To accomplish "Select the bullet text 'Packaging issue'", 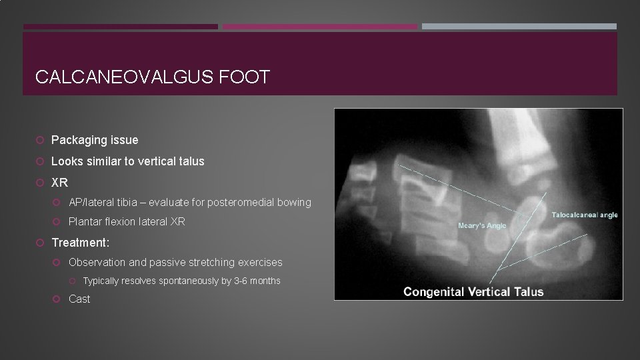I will click(x=95, y=140).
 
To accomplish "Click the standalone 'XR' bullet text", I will click(x=59, y=183).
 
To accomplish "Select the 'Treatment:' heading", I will click(x=80, y=243).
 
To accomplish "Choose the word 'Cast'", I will click(x=79, y=299).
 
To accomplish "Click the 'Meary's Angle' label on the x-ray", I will click(x=482, y=225).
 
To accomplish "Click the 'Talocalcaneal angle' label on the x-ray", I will click(x=585, y=215).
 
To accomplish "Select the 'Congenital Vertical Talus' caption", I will click(x=473, y=291).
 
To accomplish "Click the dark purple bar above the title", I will click(x=120, y=27).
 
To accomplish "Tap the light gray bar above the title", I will click(x=519, y=27).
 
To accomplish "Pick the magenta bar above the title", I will click(x=319, y=27).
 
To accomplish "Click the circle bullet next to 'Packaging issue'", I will click(x=41, y=140).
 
